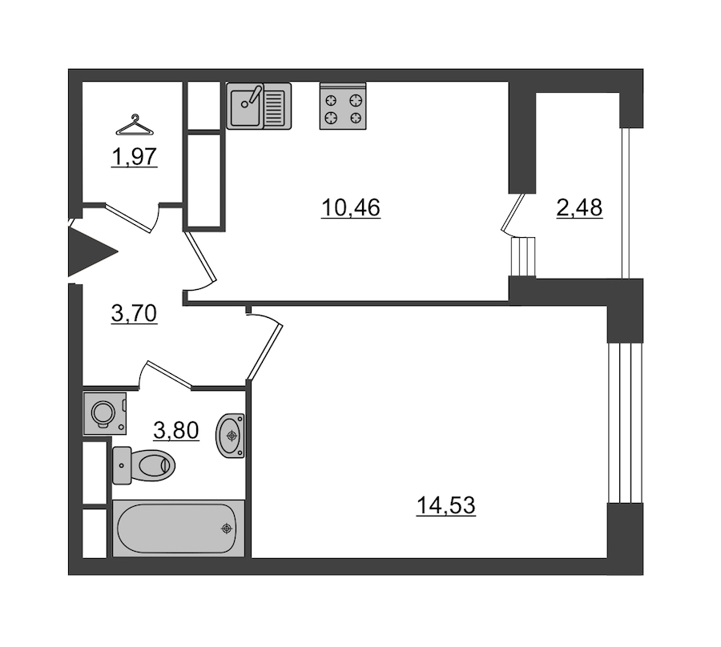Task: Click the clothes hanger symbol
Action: (135, 125)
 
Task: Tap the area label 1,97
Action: (135, 157)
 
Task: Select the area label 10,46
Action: (350, 207)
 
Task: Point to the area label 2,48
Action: (579, 207)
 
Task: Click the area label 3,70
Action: (135, 313)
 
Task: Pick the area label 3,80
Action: (176, 431)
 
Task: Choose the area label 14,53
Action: (445, 505)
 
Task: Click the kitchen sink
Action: (259, 106)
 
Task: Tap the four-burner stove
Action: (343, 106)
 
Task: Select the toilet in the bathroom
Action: (143, 465)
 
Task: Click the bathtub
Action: (179, 528)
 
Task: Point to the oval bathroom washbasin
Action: (230, 436)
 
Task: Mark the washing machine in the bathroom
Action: (105, 413)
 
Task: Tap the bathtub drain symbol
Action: (226, 528)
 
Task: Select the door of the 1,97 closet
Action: (130, 217)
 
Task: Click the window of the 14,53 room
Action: (624, 423)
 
